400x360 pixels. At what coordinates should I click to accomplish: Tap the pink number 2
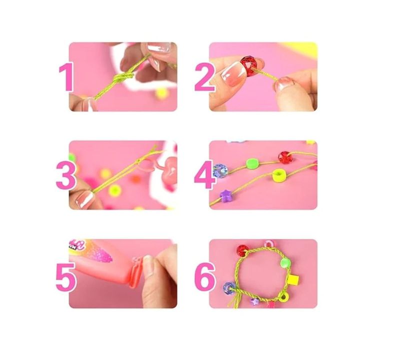click(x=205, y=77)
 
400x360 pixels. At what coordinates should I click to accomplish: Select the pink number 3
click(x=66, y=175)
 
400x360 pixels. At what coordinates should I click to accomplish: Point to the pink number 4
click(x=204, y=175)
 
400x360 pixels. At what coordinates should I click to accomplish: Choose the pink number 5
click(x=66, y=277)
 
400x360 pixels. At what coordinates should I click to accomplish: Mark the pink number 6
click(x=205, y=277)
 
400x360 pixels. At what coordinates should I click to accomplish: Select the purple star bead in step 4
click(x=225, y=196)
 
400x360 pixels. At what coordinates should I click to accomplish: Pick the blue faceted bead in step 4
click(x=220, y=170)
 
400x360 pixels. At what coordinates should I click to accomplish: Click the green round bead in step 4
click(x=252, y=163)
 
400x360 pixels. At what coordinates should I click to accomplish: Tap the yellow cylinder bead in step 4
click(x=279, y=175)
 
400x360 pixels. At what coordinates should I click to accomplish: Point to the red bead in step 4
click(x=285, y=157)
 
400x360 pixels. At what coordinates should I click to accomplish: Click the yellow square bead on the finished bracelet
click(x=293, y=279)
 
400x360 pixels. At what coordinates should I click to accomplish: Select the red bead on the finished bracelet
click(x=242, y=250)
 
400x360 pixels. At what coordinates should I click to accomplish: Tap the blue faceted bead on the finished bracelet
click(x=229, y=288)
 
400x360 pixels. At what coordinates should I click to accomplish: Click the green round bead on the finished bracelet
click(x=285, y=263)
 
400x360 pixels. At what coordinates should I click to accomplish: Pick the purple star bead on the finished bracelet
click(x=254, y=301)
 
